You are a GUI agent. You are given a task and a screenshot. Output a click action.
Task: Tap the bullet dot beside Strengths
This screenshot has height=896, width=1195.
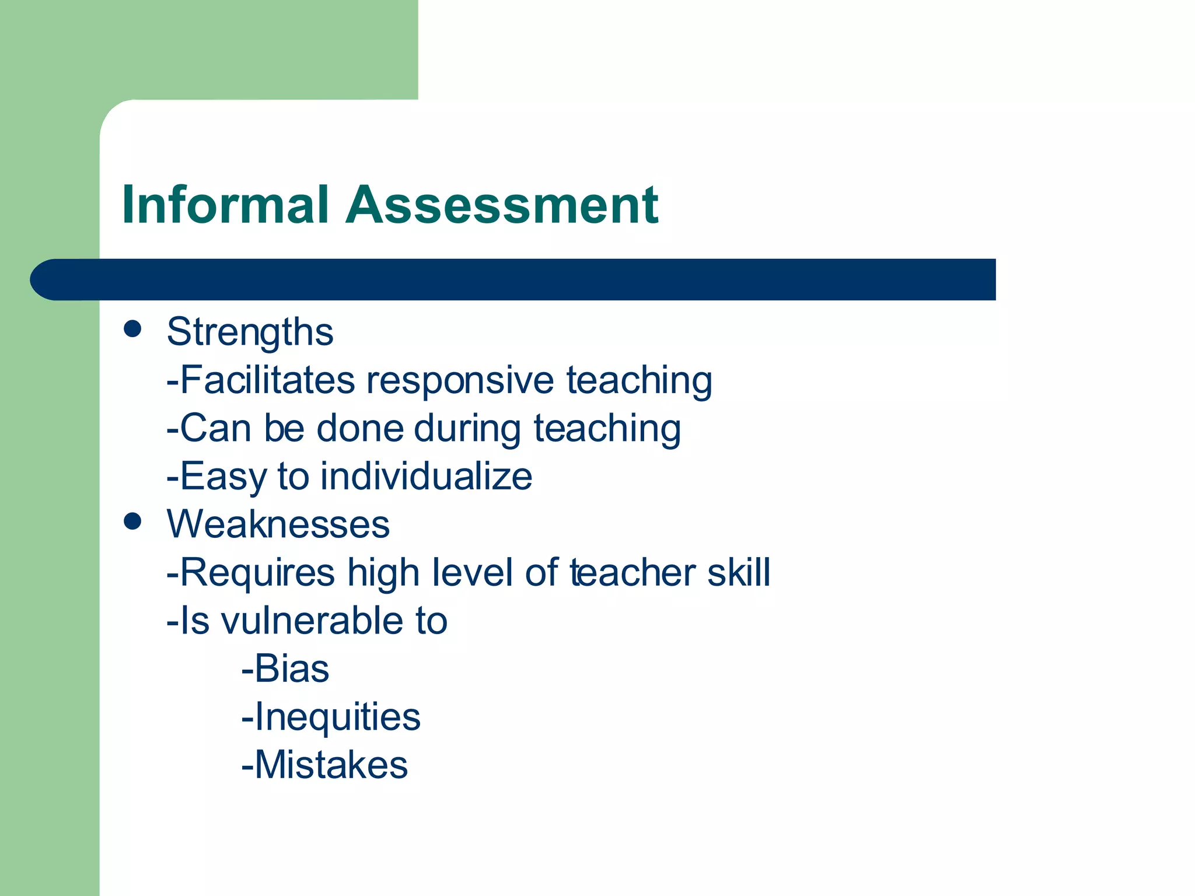pyautogui.click(x=133, y=328)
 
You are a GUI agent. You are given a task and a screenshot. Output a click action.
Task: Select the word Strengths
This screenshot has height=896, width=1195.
pyautogui.click(x=250, y=332)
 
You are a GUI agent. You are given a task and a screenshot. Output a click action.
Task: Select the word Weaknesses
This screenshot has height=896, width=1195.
pyautogui.click(x=278, y=524)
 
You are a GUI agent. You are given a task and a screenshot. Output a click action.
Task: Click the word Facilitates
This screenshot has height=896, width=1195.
pyautogui.click(x=267, y=380)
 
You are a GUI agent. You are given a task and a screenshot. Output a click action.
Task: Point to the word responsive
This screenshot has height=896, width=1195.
pyautogui.click(x=460, y=380)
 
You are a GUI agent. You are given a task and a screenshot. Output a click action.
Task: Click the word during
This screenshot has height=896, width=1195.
pyautogui.click(x=467, y=428)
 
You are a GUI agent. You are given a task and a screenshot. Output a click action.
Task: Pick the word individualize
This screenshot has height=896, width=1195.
pyautogui.click(x=427, y=476)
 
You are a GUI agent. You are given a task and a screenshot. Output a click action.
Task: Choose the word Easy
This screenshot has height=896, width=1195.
pyautogui.click(x=223, y=476)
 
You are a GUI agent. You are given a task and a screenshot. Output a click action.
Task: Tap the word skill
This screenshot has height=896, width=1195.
pyautogui.click(x=739, y=572)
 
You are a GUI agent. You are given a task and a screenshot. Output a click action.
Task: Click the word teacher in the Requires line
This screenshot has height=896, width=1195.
pyautogui.click(x=633, y=572)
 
